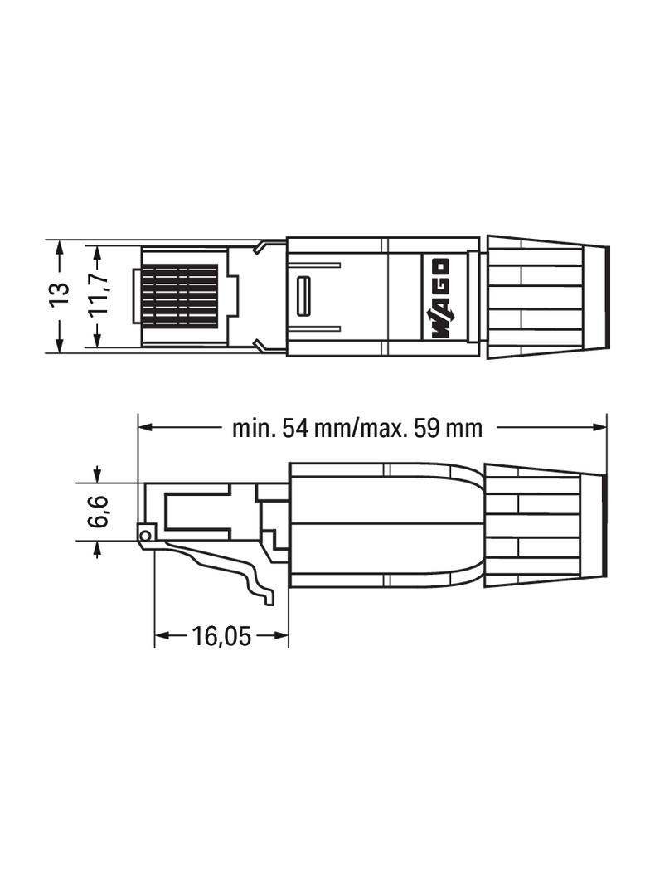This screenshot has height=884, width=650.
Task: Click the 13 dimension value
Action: click(x=59, y=296)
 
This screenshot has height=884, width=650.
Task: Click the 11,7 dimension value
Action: click(x=98, y=296)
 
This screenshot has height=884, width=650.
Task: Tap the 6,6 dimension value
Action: click(x=98, y=512)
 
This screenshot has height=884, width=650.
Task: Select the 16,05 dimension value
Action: click(x=221, y=637)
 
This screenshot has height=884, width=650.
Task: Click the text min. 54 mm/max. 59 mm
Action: click(x=357, y=428)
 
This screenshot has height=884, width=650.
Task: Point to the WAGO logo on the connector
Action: click(x=439, y=299)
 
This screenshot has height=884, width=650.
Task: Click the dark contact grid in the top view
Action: click(x=180, y=296)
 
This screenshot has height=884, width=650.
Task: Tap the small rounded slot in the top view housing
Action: click(x=303, y=297)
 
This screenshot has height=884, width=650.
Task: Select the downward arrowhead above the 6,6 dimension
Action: click(x=98, y=476)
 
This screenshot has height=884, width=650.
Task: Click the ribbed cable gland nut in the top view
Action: click(x=535, y=297)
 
